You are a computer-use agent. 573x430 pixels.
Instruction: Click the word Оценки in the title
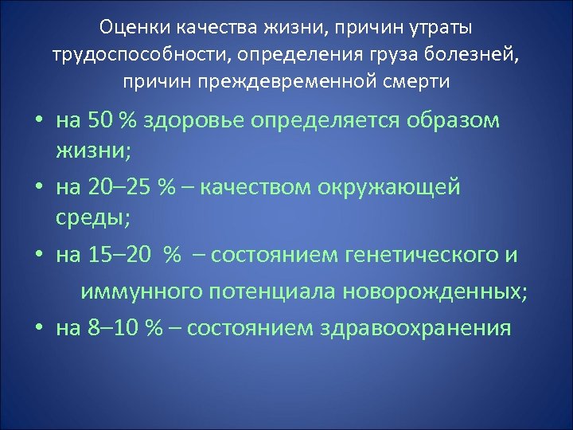[x=134, y=29]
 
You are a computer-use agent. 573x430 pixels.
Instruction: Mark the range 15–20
[x=120, y=255]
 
